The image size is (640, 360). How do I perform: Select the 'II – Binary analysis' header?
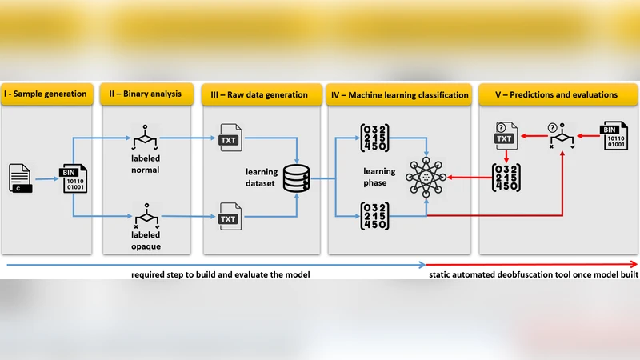tap(146, 94)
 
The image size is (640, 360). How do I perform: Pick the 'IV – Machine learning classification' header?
tap(399, 94)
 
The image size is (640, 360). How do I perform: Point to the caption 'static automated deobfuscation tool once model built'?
tap(532, 274)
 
